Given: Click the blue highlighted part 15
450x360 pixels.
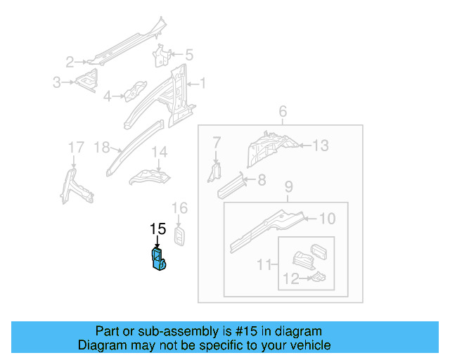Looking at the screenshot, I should click(157, 258).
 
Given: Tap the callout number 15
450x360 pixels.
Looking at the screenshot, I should click(157, 229).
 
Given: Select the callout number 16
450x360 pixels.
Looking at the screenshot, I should click(180, 207).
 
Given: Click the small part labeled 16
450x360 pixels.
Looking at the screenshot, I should click(181, 236).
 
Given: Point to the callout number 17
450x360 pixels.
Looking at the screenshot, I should click(75, 147).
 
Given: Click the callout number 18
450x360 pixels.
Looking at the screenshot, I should click(102, 148).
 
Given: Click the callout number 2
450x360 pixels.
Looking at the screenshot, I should click(70, 61).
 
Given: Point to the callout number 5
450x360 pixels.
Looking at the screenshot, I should click(188, 54).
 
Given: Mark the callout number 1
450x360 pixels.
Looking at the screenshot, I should click(202, 84).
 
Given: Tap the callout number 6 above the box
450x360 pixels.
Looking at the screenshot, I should click(283, 112).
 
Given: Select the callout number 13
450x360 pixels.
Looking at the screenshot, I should click(320, 146).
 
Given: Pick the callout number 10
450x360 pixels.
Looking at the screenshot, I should click(327, 219).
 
